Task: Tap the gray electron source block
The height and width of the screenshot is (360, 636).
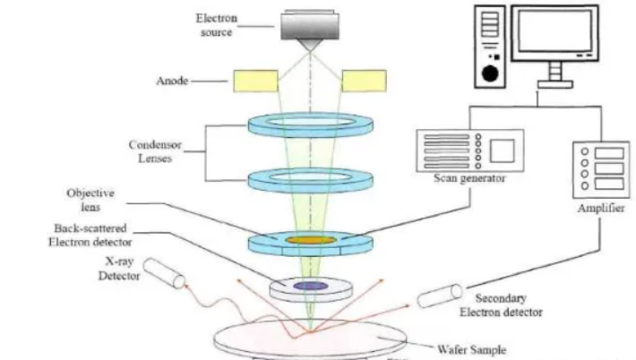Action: [310, 26]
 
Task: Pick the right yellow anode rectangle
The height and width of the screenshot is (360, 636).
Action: [364, 81]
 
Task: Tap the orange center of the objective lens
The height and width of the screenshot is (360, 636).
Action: [310, 240]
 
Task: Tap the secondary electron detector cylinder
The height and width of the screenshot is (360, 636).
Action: [437, 298]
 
